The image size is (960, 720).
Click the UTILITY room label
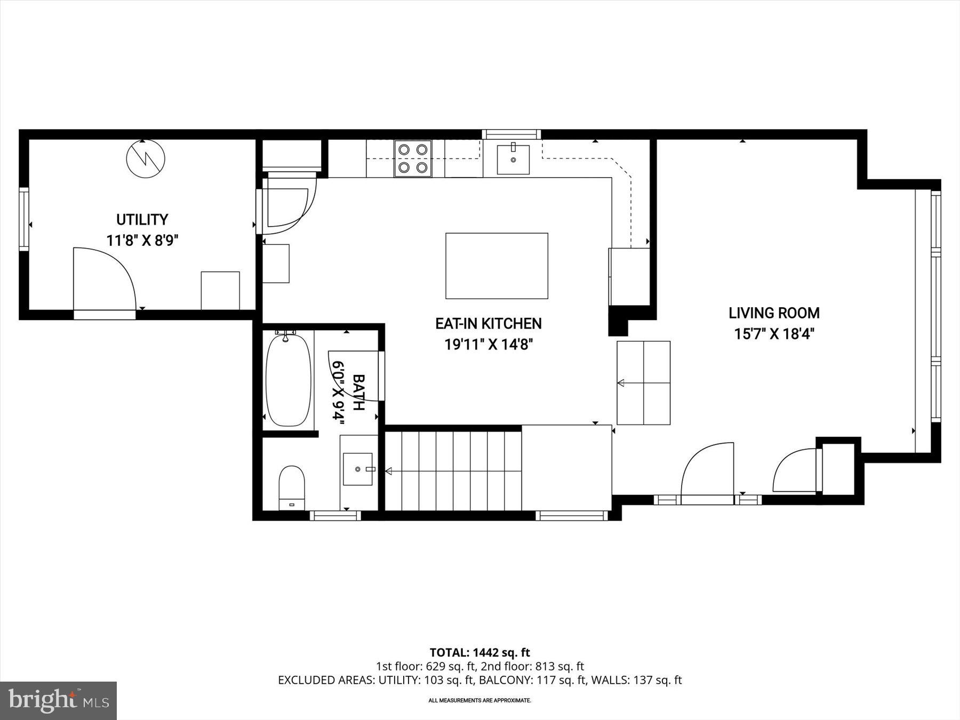[x=142, y=219]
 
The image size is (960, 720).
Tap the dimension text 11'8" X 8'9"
[x=142, y=241]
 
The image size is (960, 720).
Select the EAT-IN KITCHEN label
[x=489, y=323]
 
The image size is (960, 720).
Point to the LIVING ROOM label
[x=774, y=313]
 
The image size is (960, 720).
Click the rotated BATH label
[x=359, y=392]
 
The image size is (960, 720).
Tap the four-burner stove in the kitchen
[x=413, y=158]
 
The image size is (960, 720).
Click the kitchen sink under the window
[x=513, y=159]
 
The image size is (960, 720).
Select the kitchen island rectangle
[x=497, y=266]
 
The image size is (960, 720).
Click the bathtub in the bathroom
[x=288, y=380]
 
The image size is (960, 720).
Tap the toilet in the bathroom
[x=292, y=487]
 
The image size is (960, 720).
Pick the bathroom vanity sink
[x=358, y=469]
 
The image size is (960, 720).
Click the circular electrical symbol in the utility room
[x=146, y=158]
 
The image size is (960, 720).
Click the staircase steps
[x=453, y=470]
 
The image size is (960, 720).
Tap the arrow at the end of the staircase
[x=389, y=471]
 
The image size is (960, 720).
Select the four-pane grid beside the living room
[x=644, y=382]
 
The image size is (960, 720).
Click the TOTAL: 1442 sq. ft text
[x=479, y=652]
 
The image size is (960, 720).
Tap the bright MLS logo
[x=58, y=700]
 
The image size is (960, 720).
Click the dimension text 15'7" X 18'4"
[x=774, y=334]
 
